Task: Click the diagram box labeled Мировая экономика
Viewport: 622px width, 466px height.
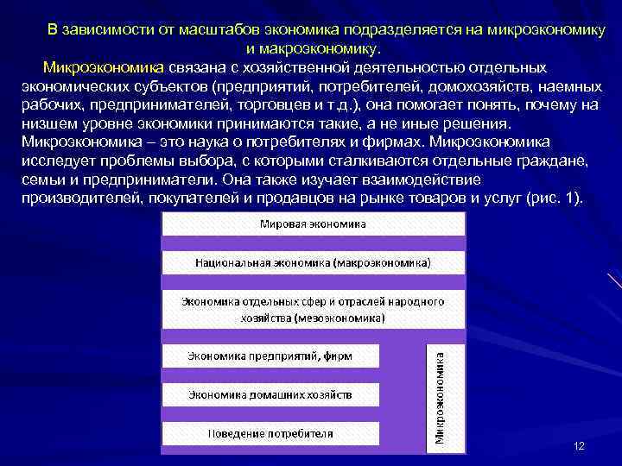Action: click(x=313, y=224)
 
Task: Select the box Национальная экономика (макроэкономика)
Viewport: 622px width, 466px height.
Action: click(x=313, y=261)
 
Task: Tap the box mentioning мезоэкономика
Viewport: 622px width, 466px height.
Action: click(x=313, y=310)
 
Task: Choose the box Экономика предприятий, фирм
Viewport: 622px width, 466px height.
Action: click(x=270, y=356)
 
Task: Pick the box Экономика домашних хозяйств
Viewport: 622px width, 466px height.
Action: click(x=270, y=394)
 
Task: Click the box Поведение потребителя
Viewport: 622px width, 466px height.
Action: click(x=270, y=433)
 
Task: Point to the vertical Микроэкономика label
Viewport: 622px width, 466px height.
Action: click(x=441, y=396)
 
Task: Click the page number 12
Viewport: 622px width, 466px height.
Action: click(x=579, y=445)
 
